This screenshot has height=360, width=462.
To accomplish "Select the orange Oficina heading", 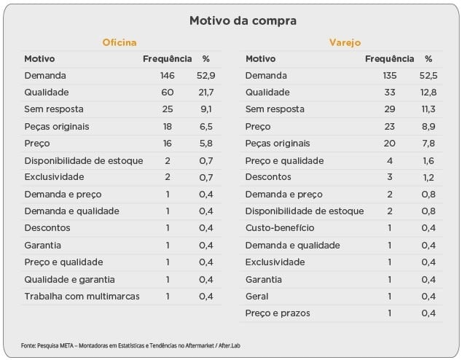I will pyautogui.click(x=119, y=44).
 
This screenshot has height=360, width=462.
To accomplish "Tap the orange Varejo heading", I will pyautogui.click(x=345, y=44).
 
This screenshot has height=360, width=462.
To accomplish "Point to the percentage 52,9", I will pyautogui.click(x=205, y=76).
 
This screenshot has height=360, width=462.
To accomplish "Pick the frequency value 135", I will pyautogui.click(x=392, y=76).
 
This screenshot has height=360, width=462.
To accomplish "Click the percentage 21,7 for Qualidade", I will pyautogui.click(x=205, y=93).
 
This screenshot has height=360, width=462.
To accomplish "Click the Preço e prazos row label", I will pyautogui.click(x=278, y=313).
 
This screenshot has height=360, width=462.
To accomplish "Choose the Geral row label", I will pyautogui.click(x=257, y=297).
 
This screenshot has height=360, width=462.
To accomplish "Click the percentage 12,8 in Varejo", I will pyautogui.click(x=428, y=93).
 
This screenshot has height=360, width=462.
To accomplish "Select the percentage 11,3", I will pyautogui.click(x=428, y=109).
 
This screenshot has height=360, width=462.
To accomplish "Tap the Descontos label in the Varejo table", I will pyautogui.click(x=268, y=177).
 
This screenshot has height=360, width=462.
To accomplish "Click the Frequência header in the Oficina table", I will pyautogui.click(x=167, y=59).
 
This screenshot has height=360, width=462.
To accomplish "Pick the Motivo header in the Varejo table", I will pyautogui.click(x=261, y=59).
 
